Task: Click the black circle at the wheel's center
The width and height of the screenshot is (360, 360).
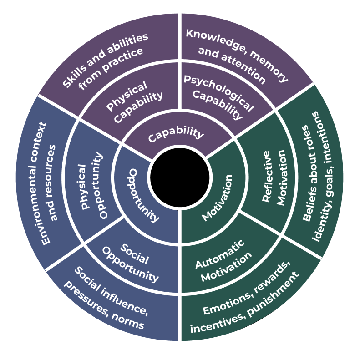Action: [x=180, y=179]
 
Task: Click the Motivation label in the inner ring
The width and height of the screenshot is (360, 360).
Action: [x=217, y=198]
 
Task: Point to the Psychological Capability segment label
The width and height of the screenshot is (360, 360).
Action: [x=218, y=96]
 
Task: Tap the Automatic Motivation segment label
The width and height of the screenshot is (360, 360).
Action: [x=223, y=259]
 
